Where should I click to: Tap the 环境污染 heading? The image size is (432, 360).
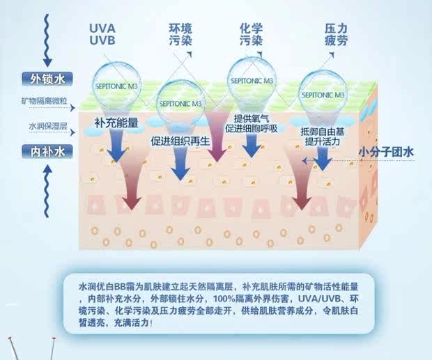[x=183, y=35]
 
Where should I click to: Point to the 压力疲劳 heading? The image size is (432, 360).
[x=336, y=36]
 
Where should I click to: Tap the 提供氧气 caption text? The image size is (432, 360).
[x=251, y=118]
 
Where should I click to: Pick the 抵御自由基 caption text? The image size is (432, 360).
[x=323, y=132]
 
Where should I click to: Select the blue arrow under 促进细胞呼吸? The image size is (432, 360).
[x=252, y=146]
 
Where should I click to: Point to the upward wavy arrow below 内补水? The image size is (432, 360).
[x=46, y=185]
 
